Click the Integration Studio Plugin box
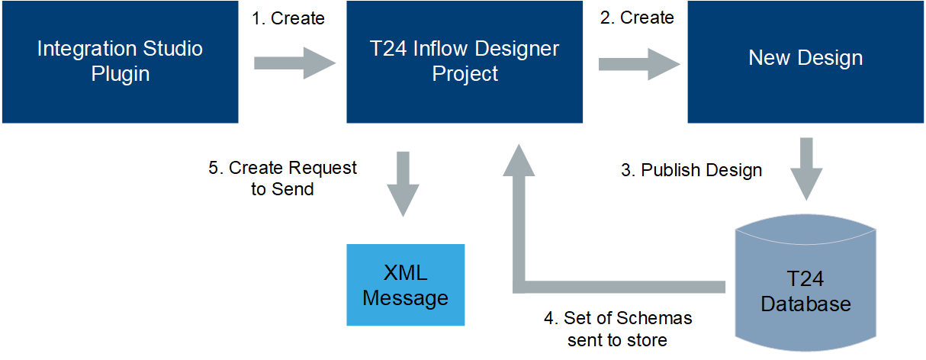[120, 62]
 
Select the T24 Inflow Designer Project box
[465, 62]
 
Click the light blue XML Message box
[405, 285]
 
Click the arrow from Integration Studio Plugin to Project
[294, 63]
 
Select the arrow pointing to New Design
[639, 63]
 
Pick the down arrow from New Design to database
[805, 169]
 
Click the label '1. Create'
[288, 18]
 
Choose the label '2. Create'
[637, 18]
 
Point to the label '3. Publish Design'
[691, 170]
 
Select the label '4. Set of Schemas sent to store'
[617, 328]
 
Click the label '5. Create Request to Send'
[282, 178]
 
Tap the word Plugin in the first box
[120, 74]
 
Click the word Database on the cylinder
[805, 304]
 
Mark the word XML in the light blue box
[405, 273]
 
